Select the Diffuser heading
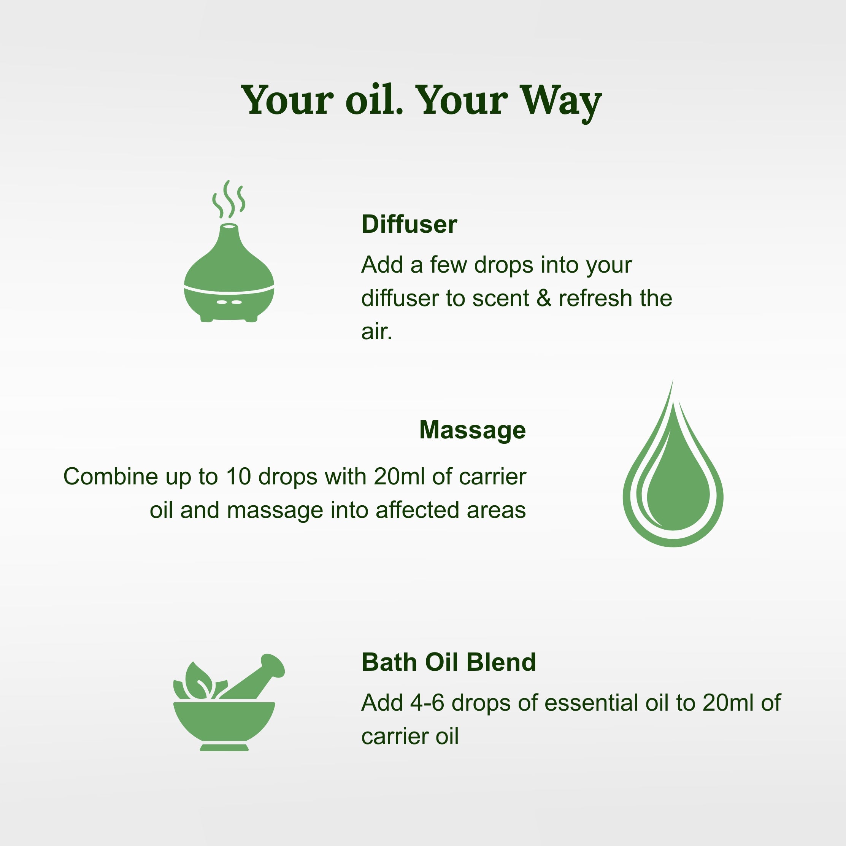coord(409,224)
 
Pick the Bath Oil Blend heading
coord(448,662)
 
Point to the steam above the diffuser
coord(229,199)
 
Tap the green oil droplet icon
coord(673,482)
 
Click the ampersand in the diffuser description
coord(543,298)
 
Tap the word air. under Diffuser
coord(376,332)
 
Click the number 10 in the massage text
coord(238,476)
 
